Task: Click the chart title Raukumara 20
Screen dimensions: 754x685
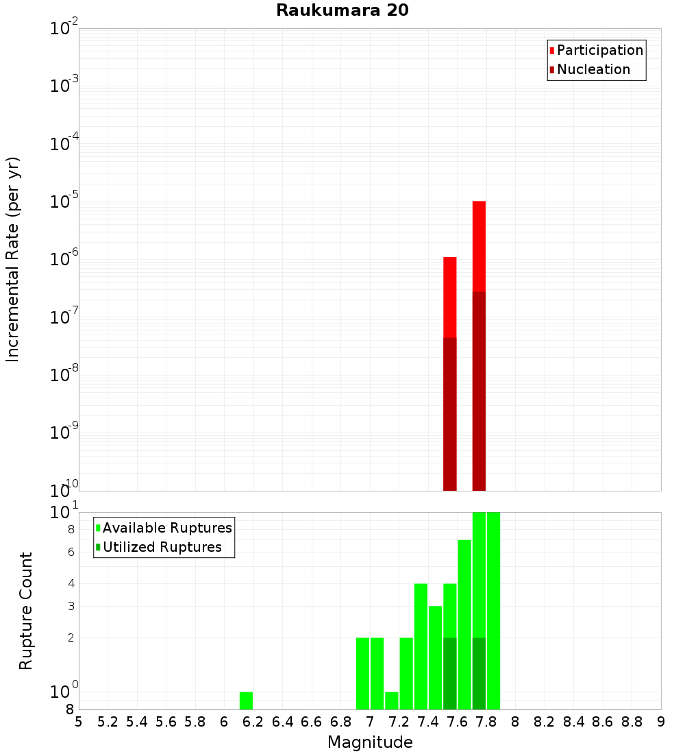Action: (342, 10)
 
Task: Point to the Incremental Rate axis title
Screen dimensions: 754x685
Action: (12, 259)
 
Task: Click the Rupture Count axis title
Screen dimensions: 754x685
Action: (26, 611)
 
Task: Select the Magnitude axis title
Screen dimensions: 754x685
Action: (370, 742)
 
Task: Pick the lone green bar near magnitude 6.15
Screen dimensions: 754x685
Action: (246, 701)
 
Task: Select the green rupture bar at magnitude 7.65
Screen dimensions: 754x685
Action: (464, 624)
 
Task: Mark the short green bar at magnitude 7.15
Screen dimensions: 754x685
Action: (392, 701)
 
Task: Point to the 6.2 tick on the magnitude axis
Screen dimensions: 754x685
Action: (253, 721)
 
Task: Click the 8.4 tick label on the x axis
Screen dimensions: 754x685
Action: (574, 721)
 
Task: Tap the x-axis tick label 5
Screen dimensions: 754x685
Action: (79, 721)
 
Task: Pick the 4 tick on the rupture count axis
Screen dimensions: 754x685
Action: (71, 583)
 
